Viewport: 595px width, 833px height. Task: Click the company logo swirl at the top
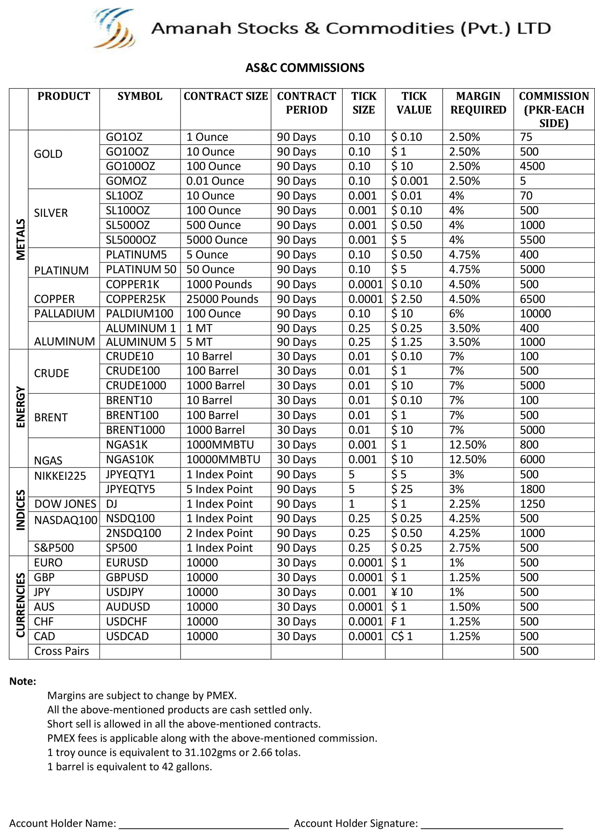pyautogui.click(x=114, y=28)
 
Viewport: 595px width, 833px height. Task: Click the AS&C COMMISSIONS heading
pyautogui.click(x=305, y=68)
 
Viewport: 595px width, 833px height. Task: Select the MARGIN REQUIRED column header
pyautogui.click(x=478, y=103)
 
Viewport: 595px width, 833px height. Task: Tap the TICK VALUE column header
pyautogui.click(x=414, y=103)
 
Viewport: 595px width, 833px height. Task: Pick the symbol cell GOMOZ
pyautogui.click(x=126, y=181)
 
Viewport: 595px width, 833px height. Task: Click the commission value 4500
pyautogui.click(x=532, y=166)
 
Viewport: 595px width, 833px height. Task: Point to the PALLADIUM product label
pyautogui.click(x=64, y=314)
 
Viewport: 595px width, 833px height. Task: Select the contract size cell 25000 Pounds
pyautogui.click(x=222, y=299)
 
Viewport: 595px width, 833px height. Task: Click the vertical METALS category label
pyautogui.click(x=20, y=239)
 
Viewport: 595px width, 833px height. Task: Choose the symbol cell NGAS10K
pyautogui.click(x=130, y=459)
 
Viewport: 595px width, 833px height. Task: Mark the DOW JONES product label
pyautogui.click(x=65, y=504)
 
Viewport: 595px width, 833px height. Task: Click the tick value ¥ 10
pyautogui.click(x=402, y=592)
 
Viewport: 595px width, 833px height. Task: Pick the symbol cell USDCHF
pyautogui.click(x=126, y=621)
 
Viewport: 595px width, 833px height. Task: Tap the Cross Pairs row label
pyautogui.click(x=61, y=651)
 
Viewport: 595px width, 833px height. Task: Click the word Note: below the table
pyautogui.click(x=23, y=681)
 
